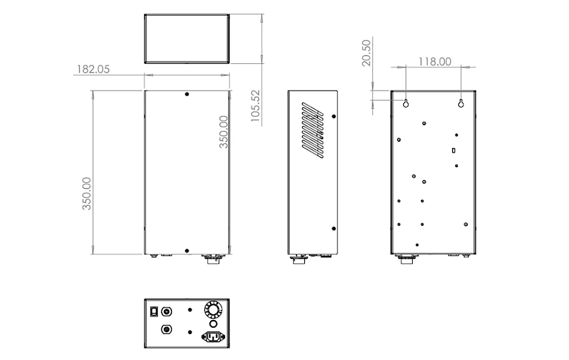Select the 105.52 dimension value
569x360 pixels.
click(x=255, y=106)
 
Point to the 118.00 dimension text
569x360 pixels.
click(x=434, y=61)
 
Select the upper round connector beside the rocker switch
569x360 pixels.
click(x=167, y=311)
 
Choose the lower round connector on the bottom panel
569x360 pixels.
click(x=167, y=330)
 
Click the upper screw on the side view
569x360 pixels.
click(x=334, y=116)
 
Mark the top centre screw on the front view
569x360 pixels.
click(x=187, y=95)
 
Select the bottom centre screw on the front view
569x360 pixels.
click(x=187, y=251)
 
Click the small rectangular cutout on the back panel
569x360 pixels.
click(x=454, y=151)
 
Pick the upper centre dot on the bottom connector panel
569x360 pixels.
click(x=190, y=311)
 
